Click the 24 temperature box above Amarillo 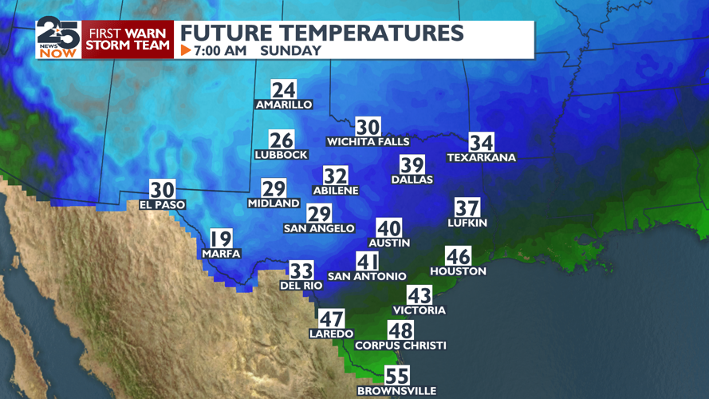[283, 90]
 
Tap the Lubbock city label [281, 155]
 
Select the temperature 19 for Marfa [221, 239]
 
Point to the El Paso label [162, 205]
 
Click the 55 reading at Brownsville [396, 376]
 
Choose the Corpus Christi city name [400, 346]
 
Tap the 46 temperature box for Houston [458, 256]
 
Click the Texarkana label [481, 158]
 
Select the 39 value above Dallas [412, 165]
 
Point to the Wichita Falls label [368, 142]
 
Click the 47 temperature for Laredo [332, 318]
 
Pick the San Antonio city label [367, 276]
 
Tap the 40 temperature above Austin [389, 228]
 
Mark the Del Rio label [301, 285]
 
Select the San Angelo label [319, 228]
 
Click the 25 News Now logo [57, 38]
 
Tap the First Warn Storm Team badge [128, 40]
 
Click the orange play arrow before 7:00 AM [186, 50]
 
